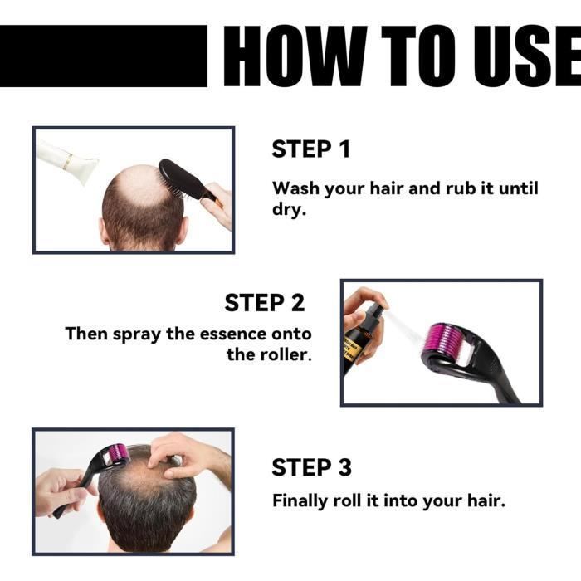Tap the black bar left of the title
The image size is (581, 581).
tap(104, 56)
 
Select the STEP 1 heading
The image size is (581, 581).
tap(311, 149)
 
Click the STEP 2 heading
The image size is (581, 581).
tap(265, 302)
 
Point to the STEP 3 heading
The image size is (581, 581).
tap(311, 466)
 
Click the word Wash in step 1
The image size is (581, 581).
tap(295, 188)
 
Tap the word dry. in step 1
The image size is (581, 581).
tap(289, 209)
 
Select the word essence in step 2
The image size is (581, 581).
tap(233, 334)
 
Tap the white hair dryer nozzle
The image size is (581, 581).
tap(66, 162)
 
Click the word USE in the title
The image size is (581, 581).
tap(526, 56)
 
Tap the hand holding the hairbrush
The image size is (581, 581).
tap(217, 206)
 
